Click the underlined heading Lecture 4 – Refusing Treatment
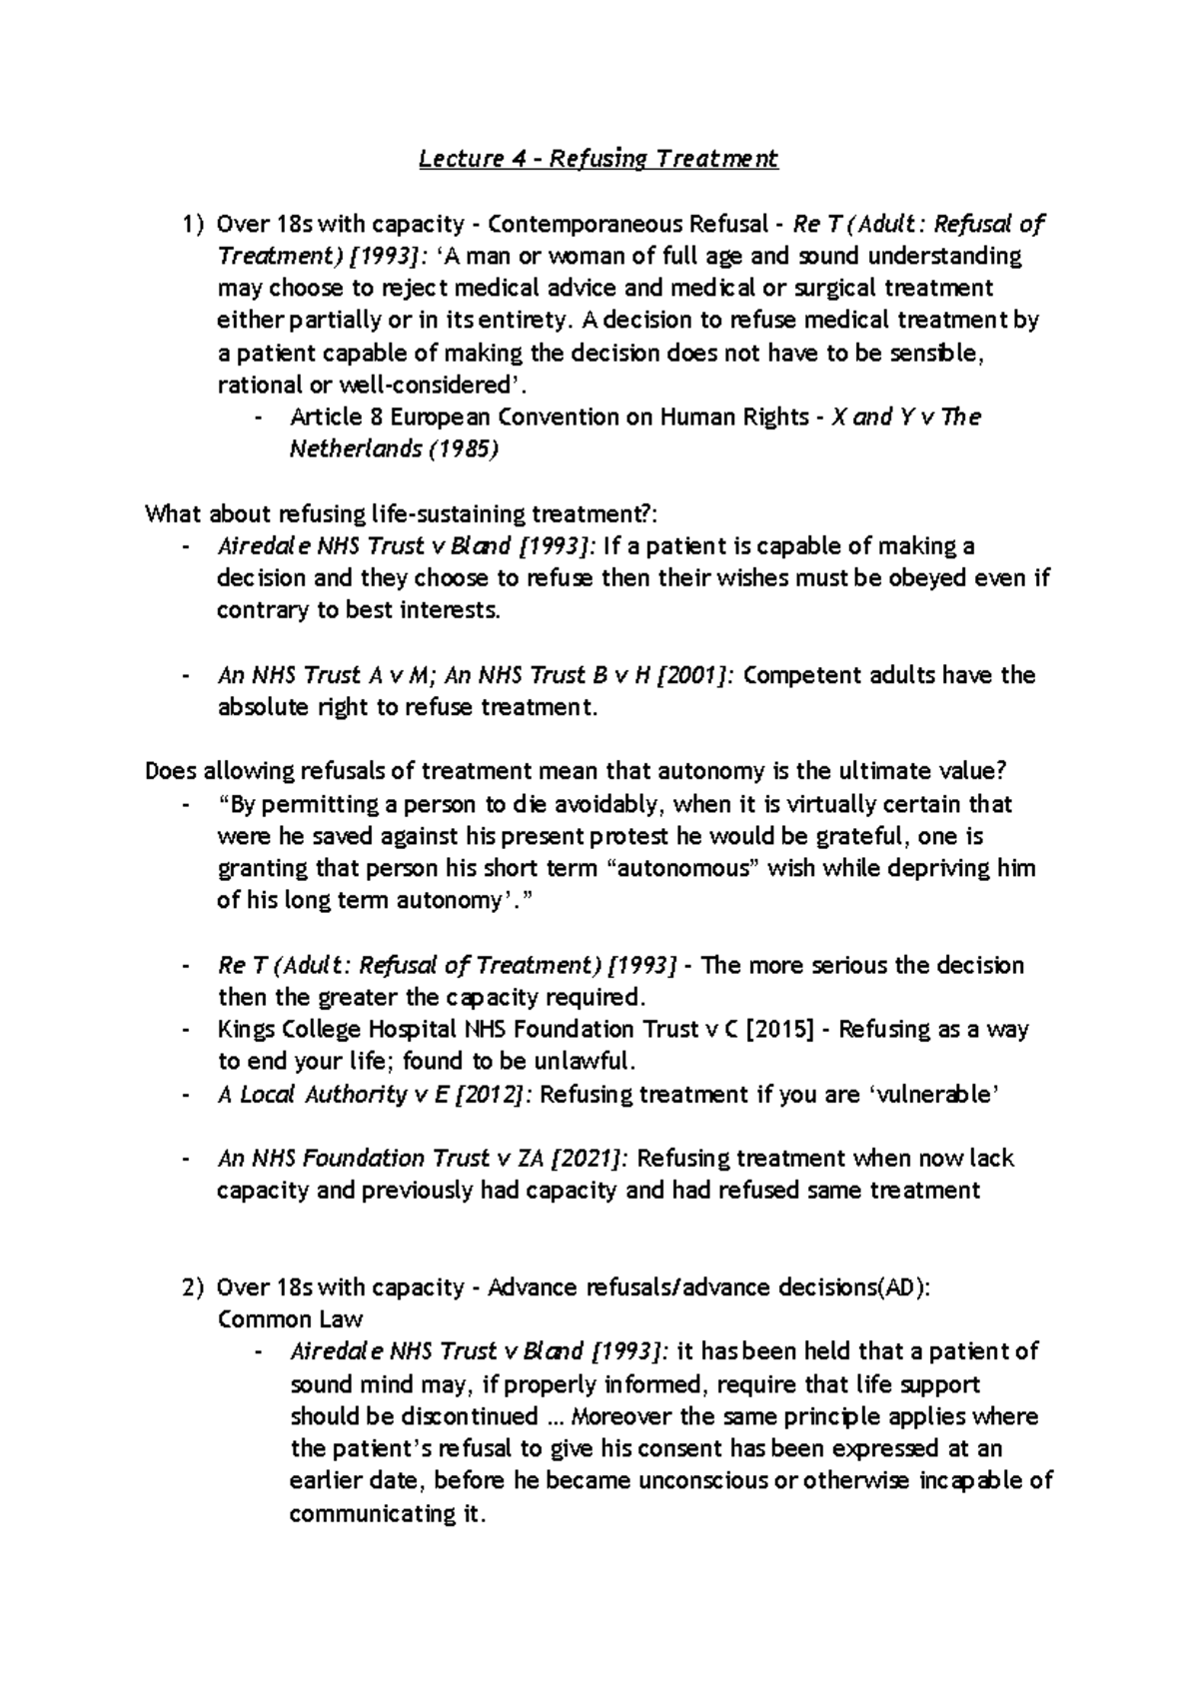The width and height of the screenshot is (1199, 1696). pos(598,158)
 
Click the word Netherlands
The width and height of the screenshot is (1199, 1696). pos(356,449)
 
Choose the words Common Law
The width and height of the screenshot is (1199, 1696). pos(290,1318)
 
